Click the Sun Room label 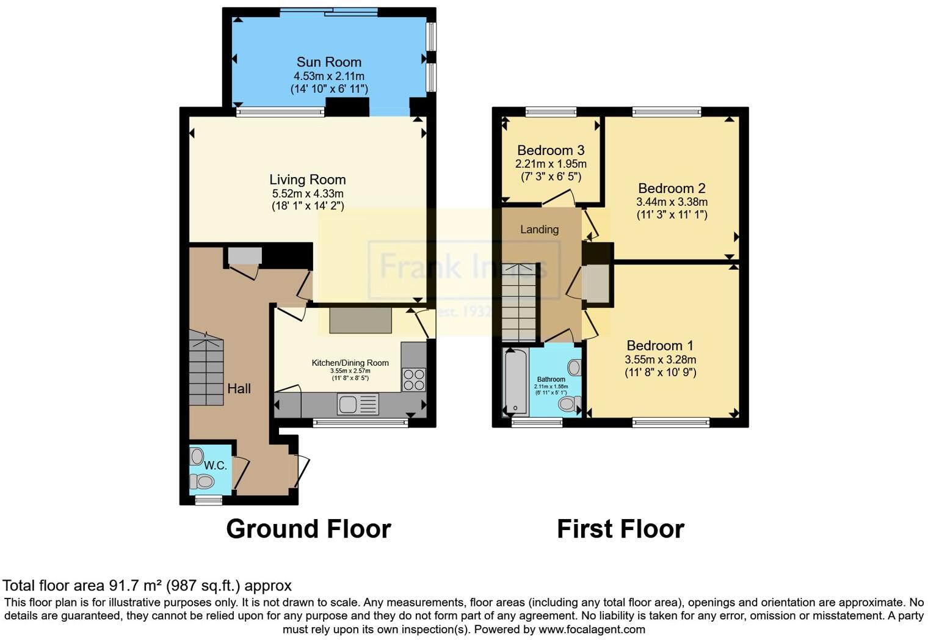[x=328, y=62]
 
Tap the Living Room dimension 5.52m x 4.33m [x=308, y=193]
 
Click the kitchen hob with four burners [x=414, y=379]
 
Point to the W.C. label [x=215, y=465]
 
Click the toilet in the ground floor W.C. [x=201, y=482]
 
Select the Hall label [x=239, y=388]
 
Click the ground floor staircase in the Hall [x=206, y=368]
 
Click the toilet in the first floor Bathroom [x=570, y=403]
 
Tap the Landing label [x=539, y=230]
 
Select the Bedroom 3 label [x=551, y=150]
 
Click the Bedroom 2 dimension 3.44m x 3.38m [x=672, y=202]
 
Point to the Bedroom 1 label [x=660, y=346]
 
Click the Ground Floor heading [x=308, y=529]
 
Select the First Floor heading [x=620, y=529]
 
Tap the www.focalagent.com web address [x=592, y=629]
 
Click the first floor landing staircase [x=518, y=302]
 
